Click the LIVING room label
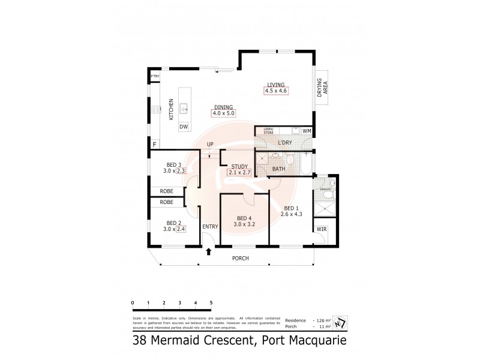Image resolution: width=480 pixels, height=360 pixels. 276,85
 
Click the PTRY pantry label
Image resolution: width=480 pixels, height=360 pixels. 155,76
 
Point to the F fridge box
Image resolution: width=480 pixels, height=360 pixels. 155,145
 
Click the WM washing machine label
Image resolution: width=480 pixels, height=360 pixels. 307,131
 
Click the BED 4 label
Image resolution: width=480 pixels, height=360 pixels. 244,218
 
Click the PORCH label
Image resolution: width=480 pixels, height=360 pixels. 240,259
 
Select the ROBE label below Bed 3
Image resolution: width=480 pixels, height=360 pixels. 166,191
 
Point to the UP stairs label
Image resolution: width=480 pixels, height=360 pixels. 210,145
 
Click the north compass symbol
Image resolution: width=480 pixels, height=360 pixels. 341,323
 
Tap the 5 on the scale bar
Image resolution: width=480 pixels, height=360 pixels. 211,302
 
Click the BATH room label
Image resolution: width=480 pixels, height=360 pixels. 278,169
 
